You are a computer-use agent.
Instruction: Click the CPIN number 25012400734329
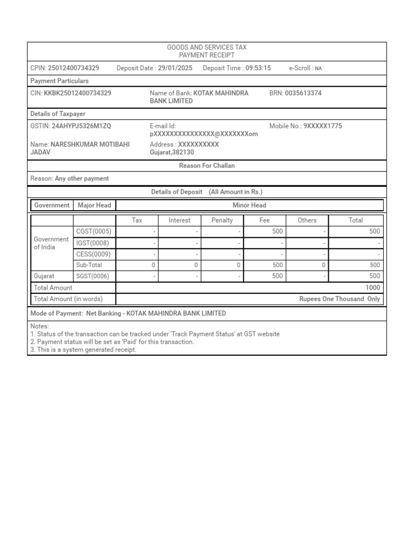coord(73,68)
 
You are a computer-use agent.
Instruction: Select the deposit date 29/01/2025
coord(175,68)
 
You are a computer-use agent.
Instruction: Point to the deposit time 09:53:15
coord(258,68)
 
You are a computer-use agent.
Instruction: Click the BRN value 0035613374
coord(303,93)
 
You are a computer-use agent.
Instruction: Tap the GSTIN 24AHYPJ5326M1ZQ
coord(81,126)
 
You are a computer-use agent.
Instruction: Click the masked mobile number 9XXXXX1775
coord(322,126)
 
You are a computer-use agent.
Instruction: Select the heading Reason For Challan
coord(207,165)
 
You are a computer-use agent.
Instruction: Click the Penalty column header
coord(222,220)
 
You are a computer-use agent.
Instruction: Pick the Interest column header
coord(180,220)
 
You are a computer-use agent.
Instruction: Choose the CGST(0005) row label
coord(94,231)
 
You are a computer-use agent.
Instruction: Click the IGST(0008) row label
coord(93,243)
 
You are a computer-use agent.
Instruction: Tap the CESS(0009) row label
coord(93,254)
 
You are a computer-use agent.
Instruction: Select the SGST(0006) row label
coord(93,276)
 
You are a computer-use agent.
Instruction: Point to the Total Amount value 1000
coord(372,288)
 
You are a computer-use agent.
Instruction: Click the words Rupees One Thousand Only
coord(340,299)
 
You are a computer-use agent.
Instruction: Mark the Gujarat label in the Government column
coord(44,276)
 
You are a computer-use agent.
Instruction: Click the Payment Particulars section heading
coord(59,81)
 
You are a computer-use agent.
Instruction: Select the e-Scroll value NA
coord(318,68)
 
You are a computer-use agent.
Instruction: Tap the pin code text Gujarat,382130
coord(171,153)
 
